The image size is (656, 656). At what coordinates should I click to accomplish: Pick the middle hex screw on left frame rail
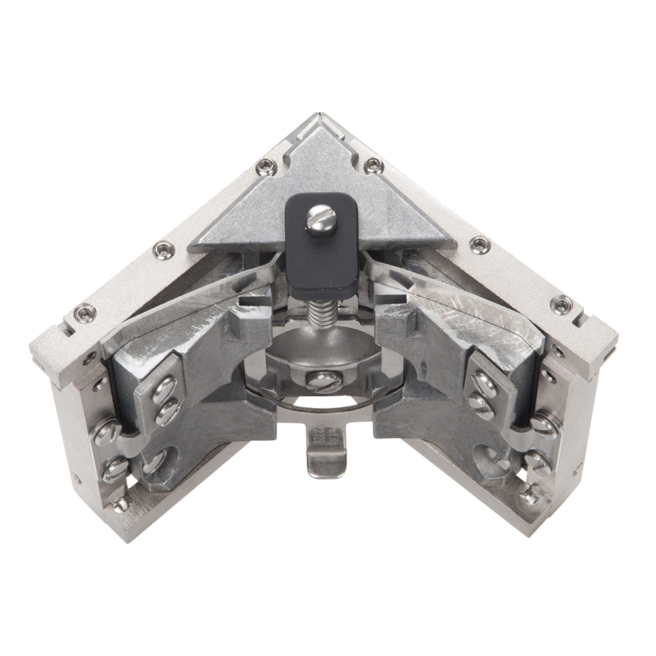pyautogui.click(x=161, y=249)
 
